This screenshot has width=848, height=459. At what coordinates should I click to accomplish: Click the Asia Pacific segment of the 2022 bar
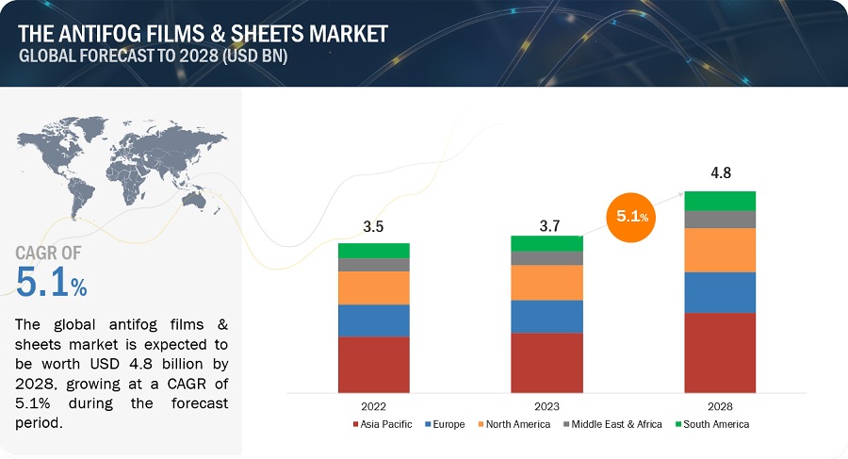[374, 364]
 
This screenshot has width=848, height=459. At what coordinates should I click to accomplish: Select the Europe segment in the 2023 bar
[546, 316]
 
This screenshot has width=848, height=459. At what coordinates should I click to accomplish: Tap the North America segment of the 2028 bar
[720, 250]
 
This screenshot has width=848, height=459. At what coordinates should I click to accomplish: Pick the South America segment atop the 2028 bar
[720, 200]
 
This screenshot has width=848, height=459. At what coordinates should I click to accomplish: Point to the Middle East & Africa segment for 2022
[374, 265]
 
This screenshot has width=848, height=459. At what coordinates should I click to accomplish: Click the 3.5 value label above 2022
[374, 226]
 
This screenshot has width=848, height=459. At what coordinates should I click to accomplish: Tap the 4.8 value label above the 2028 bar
[720, 173]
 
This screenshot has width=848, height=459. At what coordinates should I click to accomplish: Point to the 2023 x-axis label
[546, 406]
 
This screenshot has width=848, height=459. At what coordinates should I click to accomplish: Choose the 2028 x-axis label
[720, 406]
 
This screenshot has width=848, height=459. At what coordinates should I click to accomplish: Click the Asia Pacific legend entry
[383, 425]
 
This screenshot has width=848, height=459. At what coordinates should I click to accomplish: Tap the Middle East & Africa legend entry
[612, 425]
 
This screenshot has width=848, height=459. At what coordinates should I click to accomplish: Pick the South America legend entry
[712, 425]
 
